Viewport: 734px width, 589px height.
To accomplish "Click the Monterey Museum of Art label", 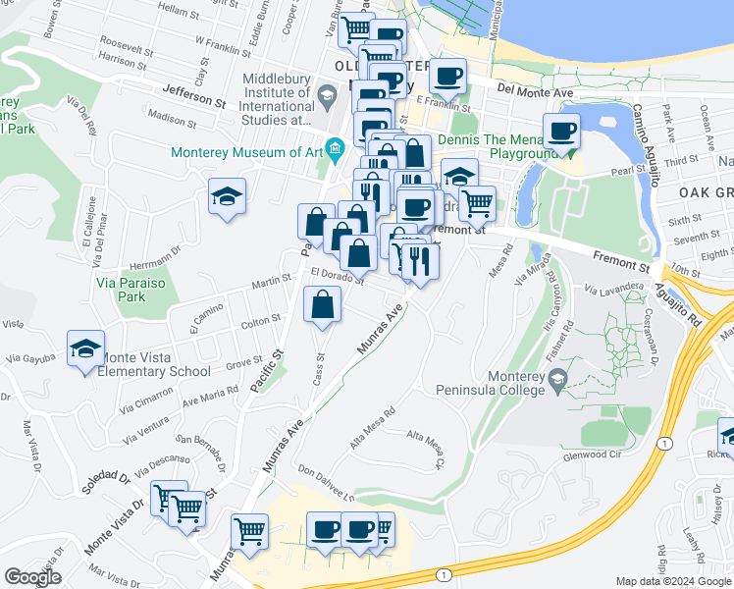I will tap(246, 152).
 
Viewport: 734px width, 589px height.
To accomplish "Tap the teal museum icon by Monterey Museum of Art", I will tap(336, 149).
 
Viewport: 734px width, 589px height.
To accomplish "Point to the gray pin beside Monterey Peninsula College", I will tap(558, 380).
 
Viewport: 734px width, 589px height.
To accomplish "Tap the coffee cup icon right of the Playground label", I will tap(562, 131).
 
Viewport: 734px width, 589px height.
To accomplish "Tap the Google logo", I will tap(31, 577).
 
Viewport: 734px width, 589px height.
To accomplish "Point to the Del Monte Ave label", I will tap(535, 91).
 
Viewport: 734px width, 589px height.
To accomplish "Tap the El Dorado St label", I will tap(338, 278).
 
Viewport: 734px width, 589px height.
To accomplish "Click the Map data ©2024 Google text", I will tap(673, 581).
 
